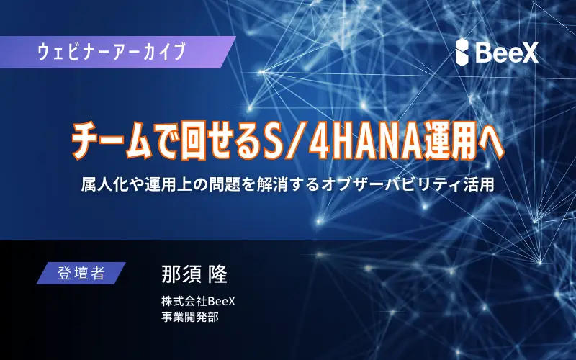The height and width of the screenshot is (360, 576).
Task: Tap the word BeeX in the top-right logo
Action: (508, 52)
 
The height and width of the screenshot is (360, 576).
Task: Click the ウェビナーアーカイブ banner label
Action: (111, 52)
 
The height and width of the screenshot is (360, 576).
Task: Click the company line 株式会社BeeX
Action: (197, 301)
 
